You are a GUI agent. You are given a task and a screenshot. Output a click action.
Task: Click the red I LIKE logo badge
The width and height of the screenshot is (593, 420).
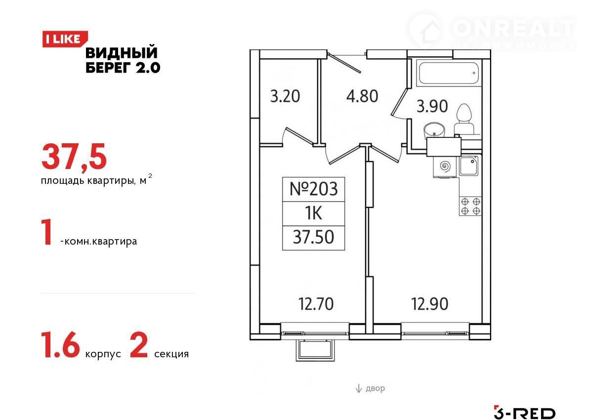65,39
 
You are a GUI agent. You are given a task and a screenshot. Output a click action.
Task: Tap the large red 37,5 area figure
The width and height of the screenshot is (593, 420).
74,157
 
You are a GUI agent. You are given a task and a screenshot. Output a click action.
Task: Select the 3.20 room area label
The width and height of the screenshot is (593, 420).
285,96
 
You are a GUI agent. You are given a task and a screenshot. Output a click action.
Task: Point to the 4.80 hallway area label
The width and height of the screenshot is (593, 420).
362,96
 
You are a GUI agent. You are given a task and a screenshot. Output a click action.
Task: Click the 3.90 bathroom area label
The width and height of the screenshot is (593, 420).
432,106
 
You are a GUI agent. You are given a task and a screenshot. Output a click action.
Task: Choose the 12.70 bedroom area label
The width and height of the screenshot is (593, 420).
316,304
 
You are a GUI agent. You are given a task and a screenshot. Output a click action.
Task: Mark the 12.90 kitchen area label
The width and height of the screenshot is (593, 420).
429,304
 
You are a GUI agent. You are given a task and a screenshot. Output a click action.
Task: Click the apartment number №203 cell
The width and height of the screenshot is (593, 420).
313,189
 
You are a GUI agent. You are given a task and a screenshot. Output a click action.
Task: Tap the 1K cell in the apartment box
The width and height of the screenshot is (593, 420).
313,213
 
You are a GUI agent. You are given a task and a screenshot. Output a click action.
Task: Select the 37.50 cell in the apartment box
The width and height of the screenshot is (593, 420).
313,238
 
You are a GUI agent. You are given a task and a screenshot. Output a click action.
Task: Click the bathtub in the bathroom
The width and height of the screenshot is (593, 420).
449,73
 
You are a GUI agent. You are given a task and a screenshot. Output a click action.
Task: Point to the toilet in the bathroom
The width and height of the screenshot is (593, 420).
464,120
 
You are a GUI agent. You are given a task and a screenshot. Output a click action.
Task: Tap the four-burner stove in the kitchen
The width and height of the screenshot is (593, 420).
470,206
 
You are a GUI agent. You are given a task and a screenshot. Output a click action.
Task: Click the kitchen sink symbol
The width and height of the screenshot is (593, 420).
468,166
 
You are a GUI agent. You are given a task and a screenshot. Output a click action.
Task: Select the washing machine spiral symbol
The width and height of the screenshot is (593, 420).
445,167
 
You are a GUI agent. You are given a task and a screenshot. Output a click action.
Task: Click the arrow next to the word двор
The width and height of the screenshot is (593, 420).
358,388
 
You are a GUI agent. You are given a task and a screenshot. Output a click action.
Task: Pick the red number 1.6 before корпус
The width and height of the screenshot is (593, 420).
60,345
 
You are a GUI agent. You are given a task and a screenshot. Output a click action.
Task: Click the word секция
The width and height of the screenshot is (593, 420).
171,354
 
